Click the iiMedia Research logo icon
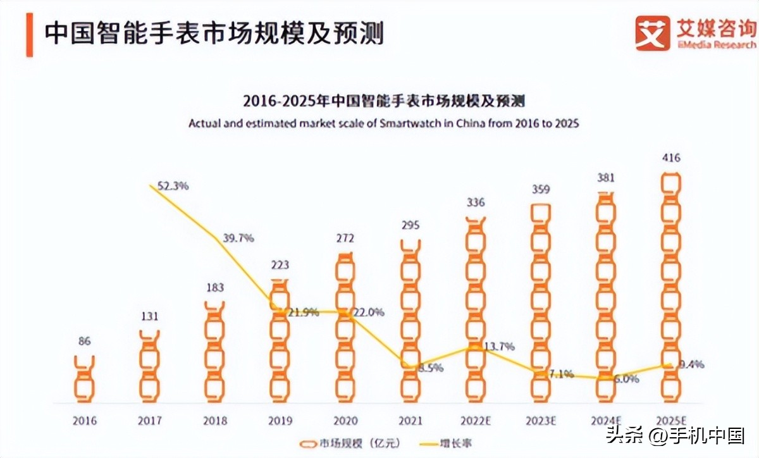(x=652, y=33)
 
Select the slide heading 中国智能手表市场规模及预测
(x=213, y=34)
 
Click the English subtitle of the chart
(x=383, y=123)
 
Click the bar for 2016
(x=84, y=379)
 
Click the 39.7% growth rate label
(x=238, y=238)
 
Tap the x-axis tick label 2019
(x=280, y=421)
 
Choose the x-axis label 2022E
(x=475, y=421)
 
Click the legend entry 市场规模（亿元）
(x=351, y=443)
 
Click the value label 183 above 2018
(x=214, y=288)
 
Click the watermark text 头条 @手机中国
(x=674, y=436)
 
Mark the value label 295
(x=410, y=225)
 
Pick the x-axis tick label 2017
(x=149, y=421)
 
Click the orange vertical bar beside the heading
(x=29, y=34)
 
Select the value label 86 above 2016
(x=84, y=342)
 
